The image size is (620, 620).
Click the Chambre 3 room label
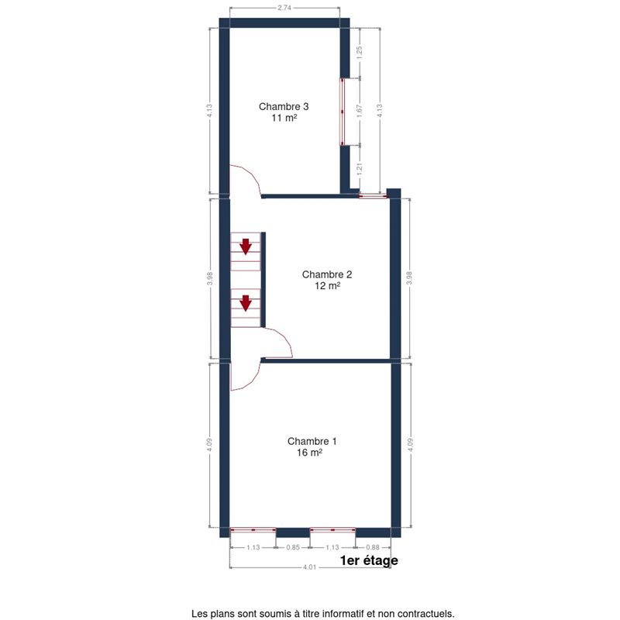(284, 106)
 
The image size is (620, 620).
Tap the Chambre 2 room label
(327, 274)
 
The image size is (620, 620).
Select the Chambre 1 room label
(312, 441)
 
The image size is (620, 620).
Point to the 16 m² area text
(309, 453)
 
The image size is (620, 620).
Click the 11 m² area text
(284, 118)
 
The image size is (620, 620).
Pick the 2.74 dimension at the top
(284, 8)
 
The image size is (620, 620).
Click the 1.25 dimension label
(359, 53)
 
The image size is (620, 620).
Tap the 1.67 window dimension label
(359, 111)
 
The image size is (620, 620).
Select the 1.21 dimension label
(359, 169)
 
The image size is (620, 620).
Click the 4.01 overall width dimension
(309, 567)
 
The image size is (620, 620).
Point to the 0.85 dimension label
(293, 547)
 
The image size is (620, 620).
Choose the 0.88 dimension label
(373, 547)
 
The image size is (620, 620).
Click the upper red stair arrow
(246, 246)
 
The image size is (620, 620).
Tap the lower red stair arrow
(246, 303)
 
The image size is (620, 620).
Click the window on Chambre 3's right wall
(343, 112)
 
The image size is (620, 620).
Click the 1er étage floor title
(369, 560)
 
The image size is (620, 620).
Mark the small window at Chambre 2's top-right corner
(373, 196)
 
